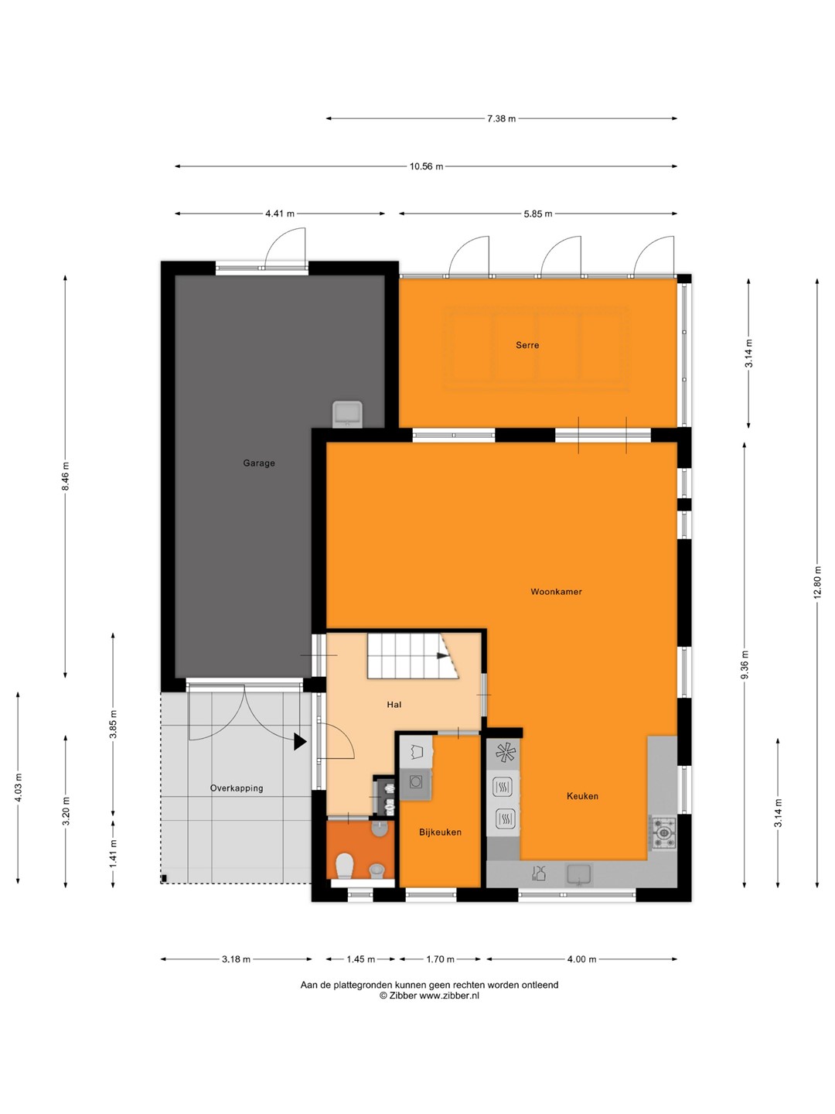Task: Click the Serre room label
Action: pyautogui.click(x=527, y=345)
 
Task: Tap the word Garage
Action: pyautogui.click(x=258, y=463)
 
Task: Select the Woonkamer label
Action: pyautogui.click(x=556, y=591)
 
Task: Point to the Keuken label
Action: pyautogui.click(x=582, y=796)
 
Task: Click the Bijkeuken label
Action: pyautogui.click(x=440, y=832)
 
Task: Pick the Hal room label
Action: pyautogui.click(x=394, y=705)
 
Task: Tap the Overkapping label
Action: pyautogui.click(x=237, y=788)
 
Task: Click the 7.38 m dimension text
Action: pyautogui.click(x=502, y=119)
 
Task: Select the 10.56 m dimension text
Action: pyautogui.click(x=426, y=166)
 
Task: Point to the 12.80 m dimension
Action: pyautogui.click(x=816, y=582)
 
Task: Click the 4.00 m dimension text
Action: pyautogui.click(x=581, y=959)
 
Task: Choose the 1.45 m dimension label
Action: pyautogui.click(x=360, y=959)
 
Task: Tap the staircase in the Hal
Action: pyautogui.click(x=413, y=655)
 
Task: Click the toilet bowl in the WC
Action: pyautogui.click(x=345, y=866)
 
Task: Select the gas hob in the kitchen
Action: pyautogui.click(x=663, y=833)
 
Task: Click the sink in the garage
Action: pyautogui.click(x=348, y=414)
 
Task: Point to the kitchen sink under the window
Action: pyautogui.click(x=579, y=875)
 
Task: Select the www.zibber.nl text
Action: pyautogui.click(x=448, y=996)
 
